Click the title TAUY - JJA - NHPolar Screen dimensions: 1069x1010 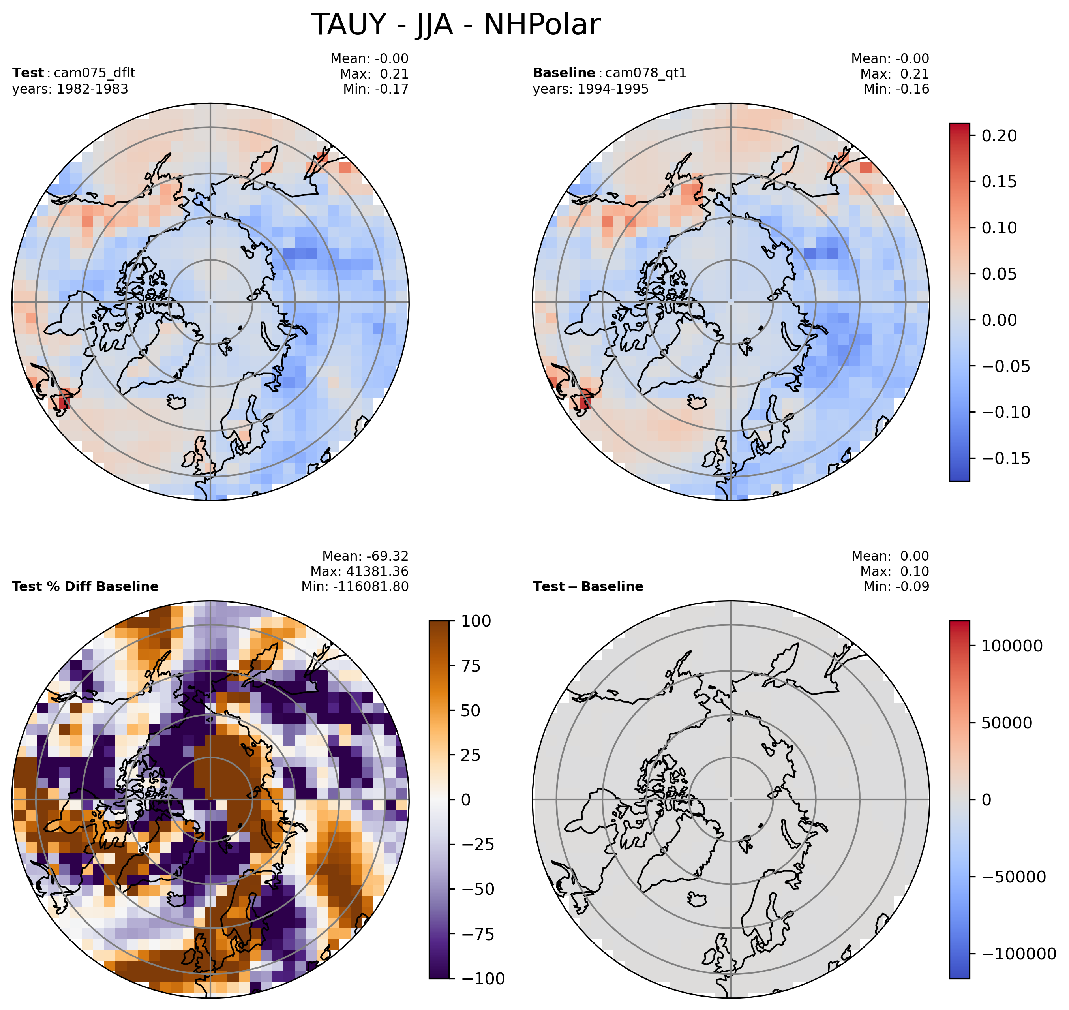coord(456,25)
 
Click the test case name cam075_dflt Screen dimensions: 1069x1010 coord(94,73)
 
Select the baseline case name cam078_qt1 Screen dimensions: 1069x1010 coord(645,73)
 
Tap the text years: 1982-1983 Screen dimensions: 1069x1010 coord(70,89)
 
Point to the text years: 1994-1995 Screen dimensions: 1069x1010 coord(591,89)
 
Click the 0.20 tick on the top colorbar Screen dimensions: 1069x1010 coord(1000,136)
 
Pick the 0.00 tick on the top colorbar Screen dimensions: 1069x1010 coord(1000,320)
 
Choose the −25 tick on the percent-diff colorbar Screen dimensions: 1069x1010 coord(478,844)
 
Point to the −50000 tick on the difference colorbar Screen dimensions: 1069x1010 coord(1017,877)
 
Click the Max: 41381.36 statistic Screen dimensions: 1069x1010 coord(359,571)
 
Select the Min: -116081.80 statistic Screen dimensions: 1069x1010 coord(355,586)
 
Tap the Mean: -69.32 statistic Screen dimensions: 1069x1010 coord(366,556)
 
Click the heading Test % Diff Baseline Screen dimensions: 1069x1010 coord(85,586)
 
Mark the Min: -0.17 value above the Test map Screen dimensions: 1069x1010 coord(376,89)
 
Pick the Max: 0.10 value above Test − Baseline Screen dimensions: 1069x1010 coord(895,571)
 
